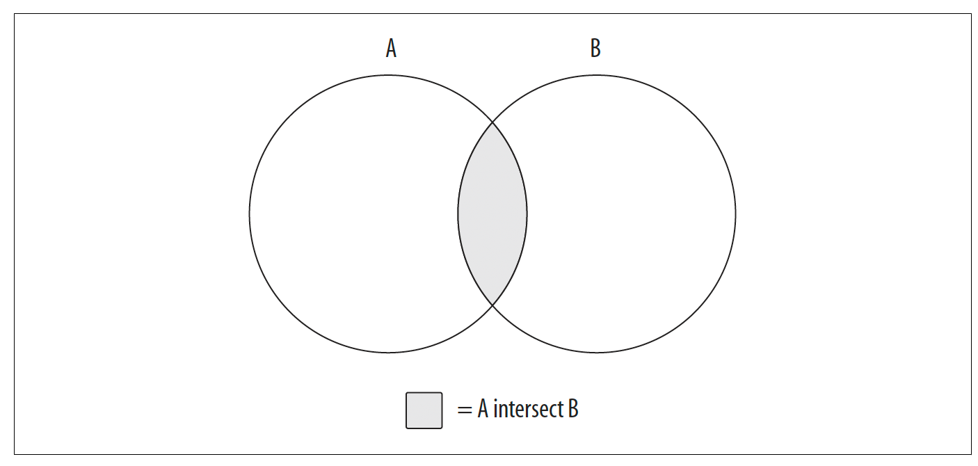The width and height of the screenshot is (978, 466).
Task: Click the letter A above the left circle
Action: point(391,48)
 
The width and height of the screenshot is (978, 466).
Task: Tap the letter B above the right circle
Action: point(595,48)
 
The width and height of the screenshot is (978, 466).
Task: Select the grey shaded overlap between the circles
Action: point(492,214)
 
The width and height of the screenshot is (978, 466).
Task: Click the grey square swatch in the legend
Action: point(424,410)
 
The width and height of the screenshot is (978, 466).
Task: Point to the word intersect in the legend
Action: point(528,409)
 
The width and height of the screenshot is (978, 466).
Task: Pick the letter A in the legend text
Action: point(483,409)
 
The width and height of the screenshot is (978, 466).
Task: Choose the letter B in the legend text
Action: point(573,409)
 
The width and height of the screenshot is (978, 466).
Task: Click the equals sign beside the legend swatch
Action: point(465,410)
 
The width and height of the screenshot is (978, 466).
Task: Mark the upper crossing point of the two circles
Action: point(492,122)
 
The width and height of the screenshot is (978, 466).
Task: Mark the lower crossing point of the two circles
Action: point(492,305)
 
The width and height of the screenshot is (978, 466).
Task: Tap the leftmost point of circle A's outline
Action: point(250,214)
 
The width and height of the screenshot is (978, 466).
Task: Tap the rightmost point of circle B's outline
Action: point(736,214)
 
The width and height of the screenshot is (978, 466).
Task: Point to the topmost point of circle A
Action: point(389,75)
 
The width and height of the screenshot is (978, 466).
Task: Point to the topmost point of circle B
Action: point(597,75)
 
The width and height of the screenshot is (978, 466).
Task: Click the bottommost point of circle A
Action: point(389,353)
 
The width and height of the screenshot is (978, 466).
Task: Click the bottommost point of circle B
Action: point(597,353)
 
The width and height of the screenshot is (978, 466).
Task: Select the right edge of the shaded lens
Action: point(527,214)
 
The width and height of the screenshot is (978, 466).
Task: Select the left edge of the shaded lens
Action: point(458,214)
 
